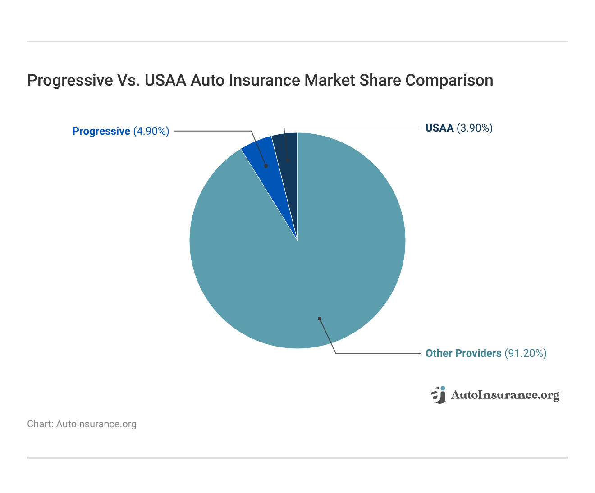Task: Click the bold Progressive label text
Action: [101, 131]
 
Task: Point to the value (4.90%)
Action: [151, 131]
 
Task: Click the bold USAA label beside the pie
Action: [439, 128]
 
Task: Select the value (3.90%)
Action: [475, 128]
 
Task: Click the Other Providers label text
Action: [463, 353]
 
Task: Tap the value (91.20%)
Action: [526, 353]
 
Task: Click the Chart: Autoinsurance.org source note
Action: [82, 424]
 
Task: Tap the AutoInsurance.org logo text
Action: [505, 395]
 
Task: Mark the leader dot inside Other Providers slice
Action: [320, 319]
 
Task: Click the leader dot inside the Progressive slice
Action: [266, 166]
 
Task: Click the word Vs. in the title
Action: [128, 80]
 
